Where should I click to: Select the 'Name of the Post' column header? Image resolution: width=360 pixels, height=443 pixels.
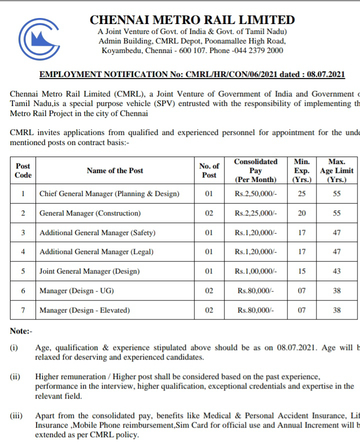tap(115, 170)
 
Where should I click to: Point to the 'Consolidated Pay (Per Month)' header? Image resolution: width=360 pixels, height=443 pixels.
tap(256, 170)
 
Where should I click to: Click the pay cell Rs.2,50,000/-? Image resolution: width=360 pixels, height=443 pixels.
tap(256, 193)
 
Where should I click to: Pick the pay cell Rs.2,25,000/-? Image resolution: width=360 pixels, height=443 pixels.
tap(256, 213)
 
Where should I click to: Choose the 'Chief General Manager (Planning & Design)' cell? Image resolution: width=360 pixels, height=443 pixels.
tap(109, 193)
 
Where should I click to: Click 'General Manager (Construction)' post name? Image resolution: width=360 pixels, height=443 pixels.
tap(90, 213)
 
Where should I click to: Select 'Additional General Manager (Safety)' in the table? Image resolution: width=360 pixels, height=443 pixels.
tap(97, 232)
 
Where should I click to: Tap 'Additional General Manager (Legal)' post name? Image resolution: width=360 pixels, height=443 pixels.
tap(96, 252)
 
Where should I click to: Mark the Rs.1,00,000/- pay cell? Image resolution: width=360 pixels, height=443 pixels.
tap(256, 271)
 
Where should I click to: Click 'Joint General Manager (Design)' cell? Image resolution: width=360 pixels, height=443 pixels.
tap(89, 271)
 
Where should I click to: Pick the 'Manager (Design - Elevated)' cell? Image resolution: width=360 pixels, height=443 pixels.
tap(84, 310)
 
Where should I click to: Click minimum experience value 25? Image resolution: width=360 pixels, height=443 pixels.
tap(301, 193)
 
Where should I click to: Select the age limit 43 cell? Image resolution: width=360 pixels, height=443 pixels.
tap(336, 271)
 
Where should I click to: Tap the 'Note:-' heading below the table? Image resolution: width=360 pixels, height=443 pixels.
tap(21, 331)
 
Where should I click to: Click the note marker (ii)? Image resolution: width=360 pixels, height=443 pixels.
tap(14, 376)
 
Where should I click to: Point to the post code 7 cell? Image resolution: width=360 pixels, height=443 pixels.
tap(23, 310)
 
